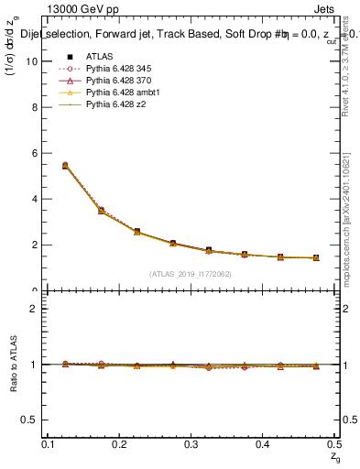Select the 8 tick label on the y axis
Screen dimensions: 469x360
click(x=33, y=106)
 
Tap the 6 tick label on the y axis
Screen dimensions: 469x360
click(x=33, y=153)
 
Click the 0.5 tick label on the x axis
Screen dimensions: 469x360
click(x=334, y=443)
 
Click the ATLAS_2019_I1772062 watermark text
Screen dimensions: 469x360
click(x=191, y=272)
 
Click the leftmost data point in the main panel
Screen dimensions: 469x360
click(x=64, y=165)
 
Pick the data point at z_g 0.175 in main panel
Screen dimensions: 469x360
click(x=102, y=211)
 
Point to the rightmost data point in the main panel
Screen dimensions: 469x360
click(x=316, y=258)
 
